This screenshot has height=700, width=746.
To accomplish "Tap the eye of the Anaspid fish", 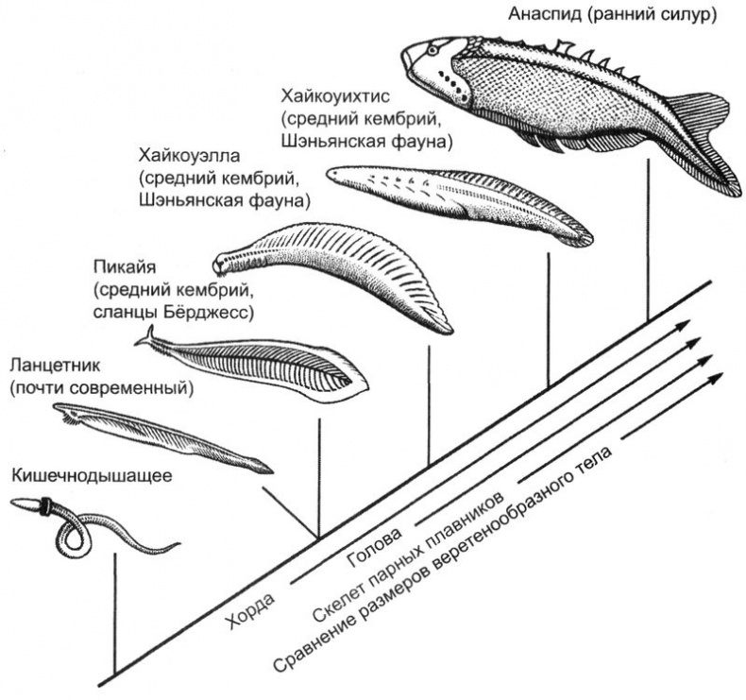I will (432, 49).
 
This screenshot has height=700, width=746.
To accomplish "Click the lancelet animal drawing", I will (161, 435).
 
